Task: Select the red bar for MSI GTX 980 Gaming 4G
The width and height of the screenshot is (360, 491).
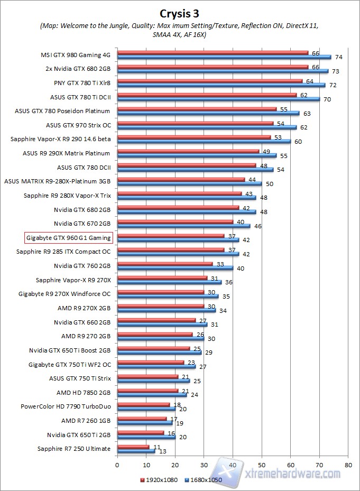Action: click(213, 53)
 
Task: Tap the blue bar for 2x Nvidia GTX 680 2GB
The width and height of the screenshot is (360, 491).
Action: click(223, 71)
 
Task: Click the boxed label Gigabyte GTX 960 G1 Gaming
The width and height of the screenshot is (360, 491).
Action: click(68, 238)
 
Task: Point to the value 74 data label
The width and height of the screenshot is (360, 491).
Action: click(339, 57)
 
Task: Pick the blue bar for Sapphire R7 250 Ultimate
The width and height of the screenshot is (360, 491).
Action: click(136, 451)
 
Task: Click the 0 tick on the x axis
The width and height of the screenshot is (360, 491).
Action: click(117, 465)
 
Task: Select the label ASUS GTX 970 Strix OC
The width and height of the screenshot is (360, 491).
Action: click(78, 125)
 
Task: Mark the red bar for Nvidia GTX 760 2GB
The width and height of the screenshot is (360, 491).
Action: click(165, 264)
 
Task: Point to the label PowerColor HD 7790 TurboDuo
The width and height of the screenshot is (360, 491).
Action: click(66, 406)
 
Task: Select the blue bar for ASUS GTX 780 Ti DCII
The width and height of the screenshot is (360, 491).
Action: click(218, 99)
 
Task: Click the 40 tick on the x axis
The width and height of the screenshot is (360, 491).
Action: click(233, 465)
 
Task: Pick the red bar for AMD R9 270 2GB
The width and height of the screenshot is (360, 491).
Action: click(155, 334)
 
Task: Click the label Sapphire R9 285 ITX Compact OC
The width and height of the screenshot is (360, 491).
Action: click(63, 252)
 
